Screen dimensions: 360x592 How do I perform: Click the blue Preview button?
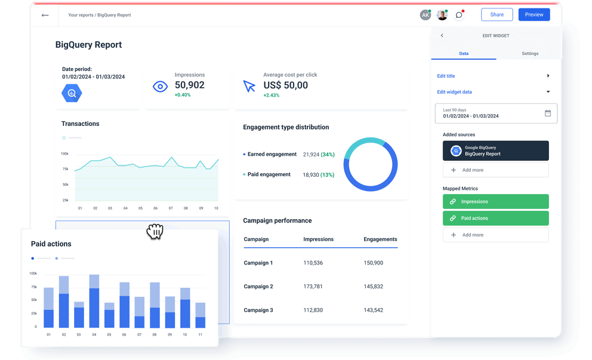534,14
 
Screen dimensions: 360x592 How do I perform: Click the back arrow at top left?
45,15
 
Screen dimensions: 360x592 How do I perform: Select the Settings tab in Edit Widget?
530,54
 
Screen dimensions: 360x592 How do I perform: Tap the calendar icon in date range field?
548,113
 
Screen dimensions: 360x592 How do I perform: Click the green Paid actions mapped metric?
495,218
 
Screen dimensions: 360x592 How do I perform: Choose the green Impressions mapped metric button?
495,202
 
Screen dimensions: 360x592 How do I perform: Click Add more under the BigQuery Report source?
495,170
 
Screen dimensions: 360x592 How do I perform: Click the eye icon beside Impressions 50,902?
160,87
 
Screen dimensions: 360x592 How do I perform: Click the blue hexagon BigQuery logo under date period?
72,93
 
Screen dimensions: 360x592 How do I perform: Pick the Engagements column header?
380,239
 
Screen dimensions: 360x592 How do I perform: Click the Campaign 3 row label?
258,310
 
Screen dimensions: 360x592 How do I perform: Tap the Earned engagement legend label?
272,154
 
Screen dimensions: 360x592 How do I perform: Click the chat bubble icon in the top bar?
459,15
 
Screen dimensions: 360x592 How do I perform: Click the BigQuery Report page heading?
88,45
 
